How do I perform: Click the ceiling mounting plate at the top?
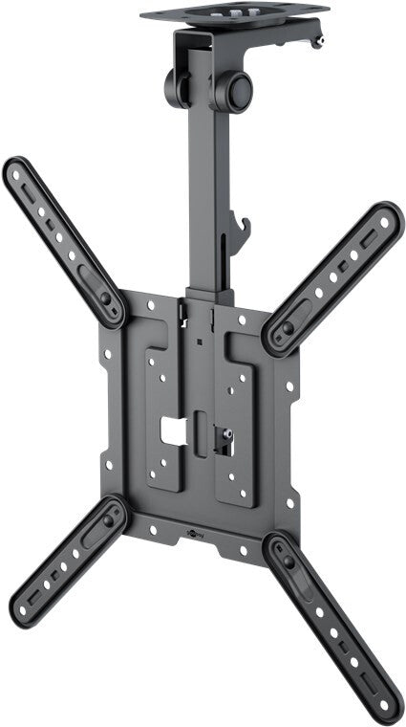coord(234,13)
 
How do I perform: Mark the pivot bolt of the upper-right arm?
coord(288,328)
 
